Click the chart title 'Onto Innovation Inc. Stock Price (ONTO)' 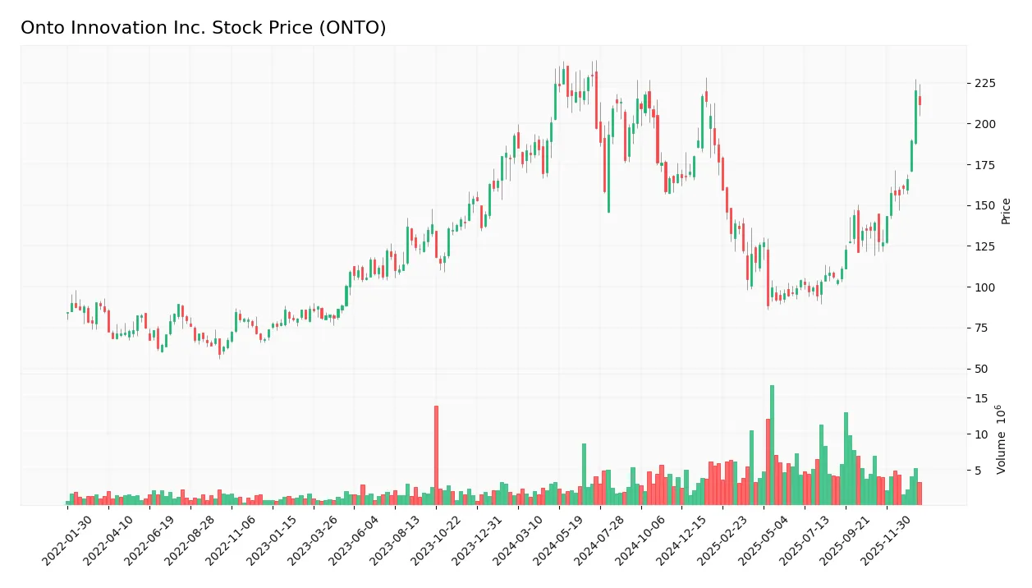coord(203,28)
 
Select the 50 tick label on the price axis coord(980,369)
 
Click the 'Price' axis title coord(1006,211)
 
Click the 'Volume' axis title coord(1002,440)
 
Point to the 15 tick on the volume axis coord(980,398)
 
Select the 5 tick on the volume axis coord(977,471)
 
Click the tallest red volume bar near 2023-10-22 coord(436,455)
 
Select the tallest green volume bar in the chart coord(772,444)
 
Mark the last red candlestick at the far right coord(920,101)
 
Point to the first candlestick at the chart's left coord(67,315)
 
